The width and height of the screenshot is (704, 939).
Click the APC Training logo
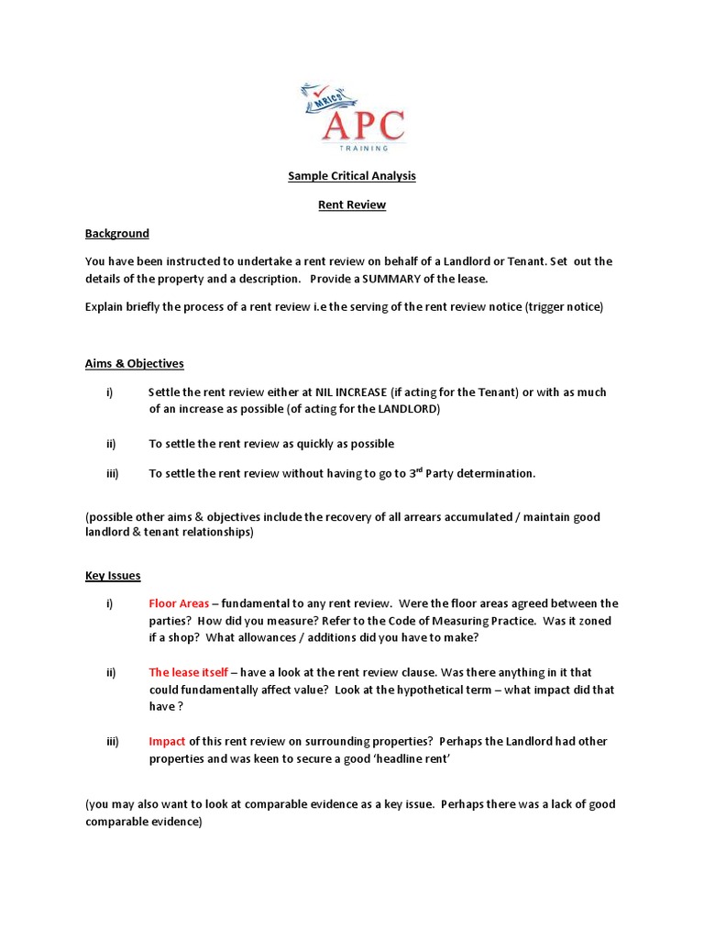pos(352,116)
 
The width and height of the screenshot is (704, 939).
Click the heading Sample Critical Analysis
pos(352,175)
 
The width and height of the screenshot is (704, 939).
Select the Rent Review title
pos(352,204)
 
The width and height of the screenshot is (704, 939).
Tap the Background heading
pos(117,234)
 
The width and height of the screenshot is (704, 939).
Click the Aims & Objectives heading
pos(135,363)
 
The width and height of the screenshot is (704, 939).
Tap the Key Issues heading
pos(113,576)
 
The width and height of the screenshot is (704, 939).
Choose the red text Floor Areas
pos(180,603)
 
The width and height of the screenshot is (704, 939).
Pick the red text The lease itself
pos(189,673)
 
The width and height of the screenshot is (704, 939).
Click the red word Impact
pos(168,741)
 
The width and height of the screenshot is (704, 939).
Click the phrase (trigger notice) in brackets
pos(565,307)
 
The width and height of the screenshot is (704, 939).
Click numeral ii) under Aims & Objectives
pos(111,444)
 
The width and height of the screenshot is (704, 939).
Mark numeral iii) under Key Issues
pos(112,741)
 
